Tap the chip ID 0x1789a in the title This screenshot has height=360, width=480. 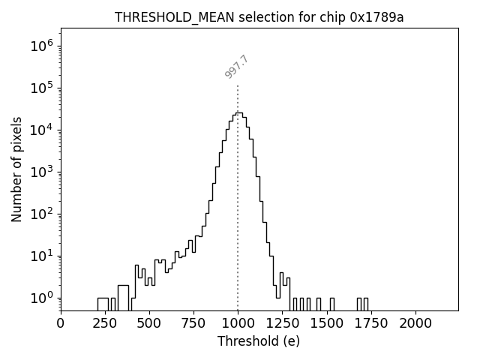376,17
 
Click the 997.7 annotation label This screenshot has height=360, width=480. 236,67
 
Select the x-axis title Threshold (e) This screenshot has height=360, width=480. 259,341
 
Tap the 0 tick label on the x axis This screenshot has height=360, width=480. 61,323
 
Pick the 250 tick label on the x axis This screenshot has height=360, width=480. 105,323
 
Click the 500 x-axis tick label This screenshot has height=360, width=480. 149,323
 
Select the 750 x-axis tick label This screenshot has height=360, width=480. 193,323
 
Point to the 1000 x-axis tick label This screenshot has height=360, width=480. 238,323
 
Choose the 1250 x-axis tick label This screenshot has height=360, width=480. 283,323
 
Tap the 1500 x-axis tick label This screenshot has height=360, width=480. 327,323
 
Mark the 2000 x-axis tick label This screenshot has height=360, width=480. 415,323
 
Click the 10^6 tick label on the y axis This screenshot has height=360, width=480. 41,46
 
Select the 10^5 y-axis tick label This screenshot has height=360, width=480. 41,88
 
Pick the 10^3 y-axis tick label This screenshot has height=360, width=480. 41,172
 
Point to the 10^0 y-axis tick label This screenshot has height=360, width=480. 41,298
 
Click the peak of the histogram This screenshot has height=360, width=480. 238,113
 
